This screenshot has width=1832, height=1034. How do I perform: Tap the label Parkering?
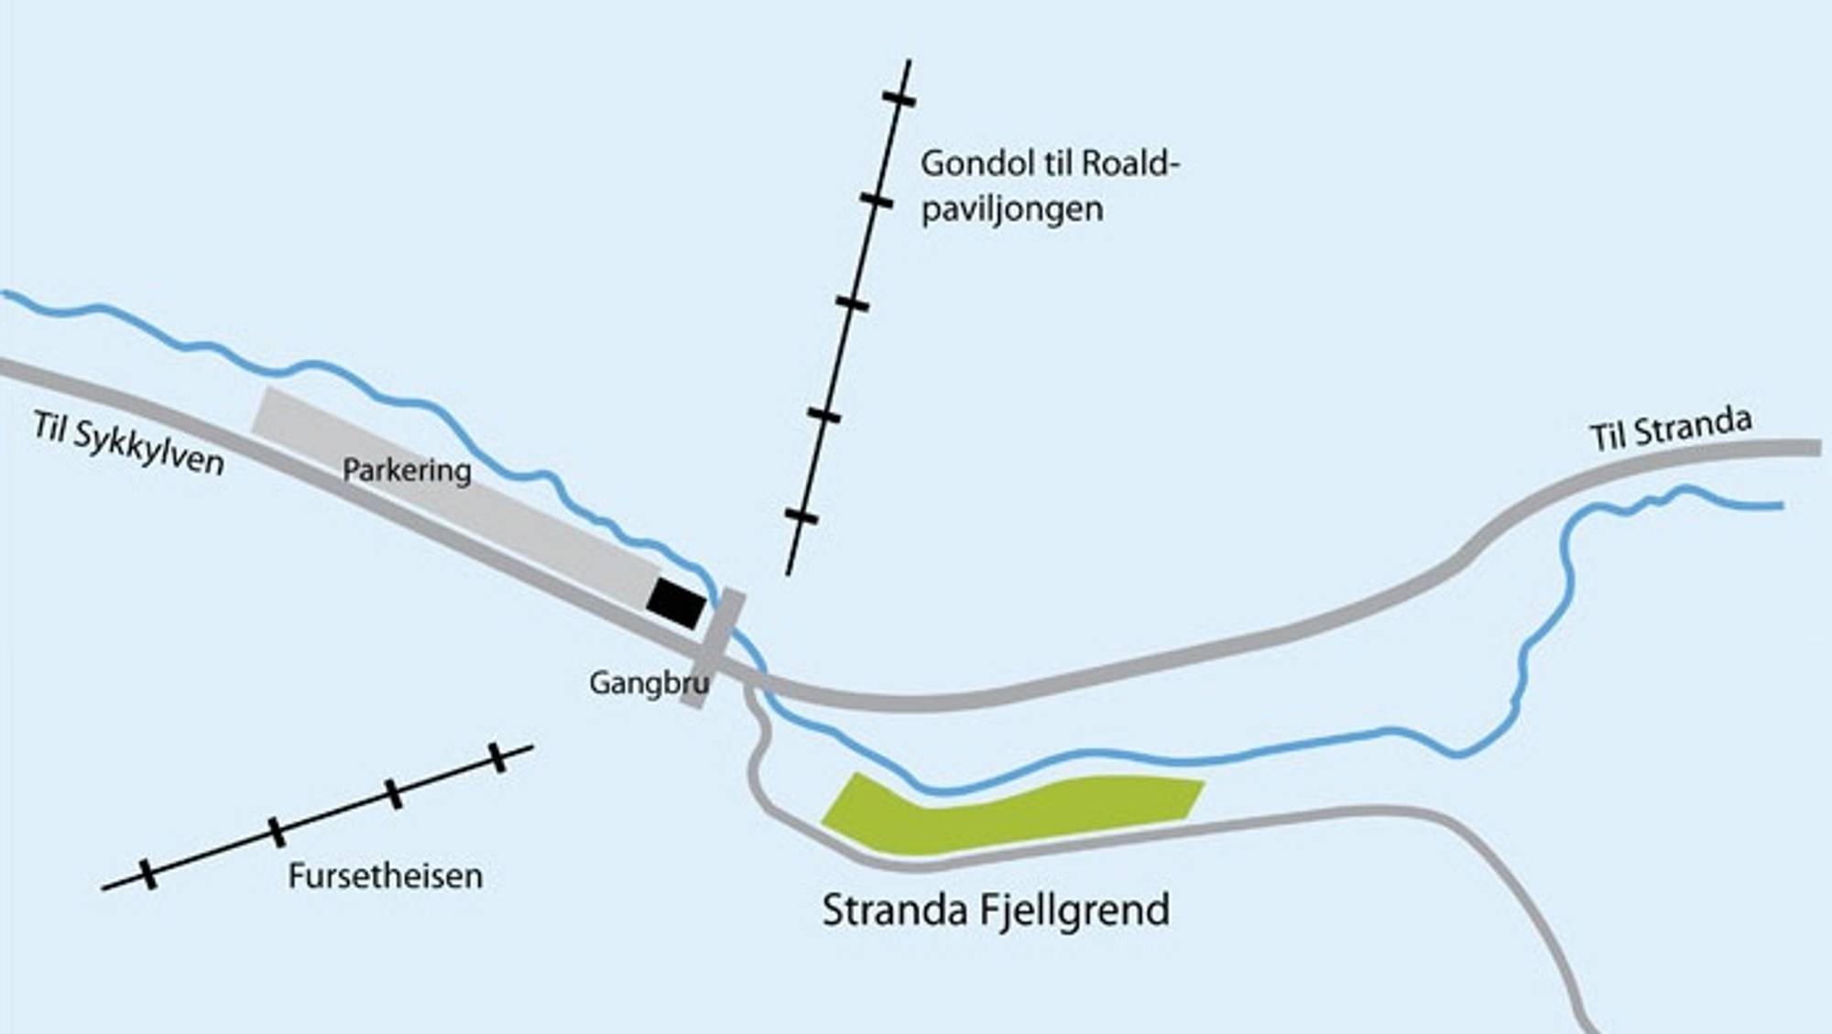(407, 470)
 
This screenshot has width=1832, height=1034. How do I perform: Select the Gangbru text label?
(649, 683)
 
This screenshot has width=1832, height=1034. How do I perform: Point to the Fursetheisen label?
(385, 876)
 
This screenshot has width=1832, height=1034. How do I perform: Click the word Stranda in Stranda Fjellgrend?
(895, 910)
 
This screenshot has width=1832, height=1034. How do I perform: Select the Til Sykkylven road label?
(129, 444)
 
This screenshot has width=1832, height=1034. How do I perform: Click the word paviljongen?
(1011, 210)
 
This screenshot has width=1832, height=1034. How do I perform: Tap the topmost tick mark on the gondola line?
(899, 98)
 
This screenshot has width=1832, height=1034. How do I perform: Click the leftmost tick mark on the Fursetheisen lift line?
(147, 875)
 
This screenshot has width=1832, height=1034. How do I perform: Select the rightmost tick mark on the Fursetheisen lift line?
(497, 757)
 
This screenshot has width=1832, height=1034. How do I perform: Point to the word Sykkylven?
(149, 449)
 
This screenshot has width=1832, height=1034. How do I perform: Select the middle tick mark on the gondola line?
(852, 303)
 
